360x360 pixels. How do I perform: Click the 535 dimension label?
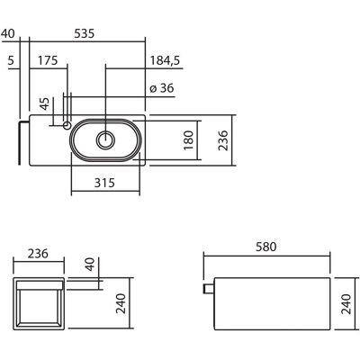[85, 33]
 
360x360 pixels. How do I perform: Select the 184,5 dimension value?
[165, 61]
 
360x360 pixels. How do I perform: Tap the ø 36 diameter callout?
[162, 88]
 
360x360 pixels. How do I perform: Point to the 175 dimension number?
[48, 60]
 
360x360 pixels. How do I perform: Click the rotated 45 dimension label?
[45, 103]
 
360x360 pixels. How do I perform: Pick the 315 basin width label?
[104, 183]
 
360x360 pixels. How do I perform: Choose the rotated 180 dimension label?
[188, 140]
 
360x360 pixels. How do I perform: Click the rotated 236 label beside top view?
[223, 140]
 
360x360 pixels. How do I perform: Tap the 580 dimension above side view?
[266, 247]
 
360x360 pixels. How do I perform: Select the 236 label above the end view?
[38, 254]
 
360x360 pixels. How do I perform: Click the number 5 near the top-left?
[11, 60]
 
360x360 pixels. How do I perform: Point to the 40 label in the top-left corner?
[7, 33]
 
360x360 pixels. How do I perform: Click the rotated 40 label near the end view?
[90, 265]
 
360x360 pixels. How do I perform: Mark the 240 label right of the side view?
[346, 304]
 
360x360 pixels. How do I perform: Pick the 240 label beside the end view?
[121, 303]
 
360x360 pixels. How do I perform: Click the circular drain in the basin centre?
[105, 140]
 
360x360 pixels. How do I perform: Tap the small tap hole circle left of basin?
[67, 125]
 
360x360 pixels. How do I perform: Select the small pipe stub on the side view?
[209, 288]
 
